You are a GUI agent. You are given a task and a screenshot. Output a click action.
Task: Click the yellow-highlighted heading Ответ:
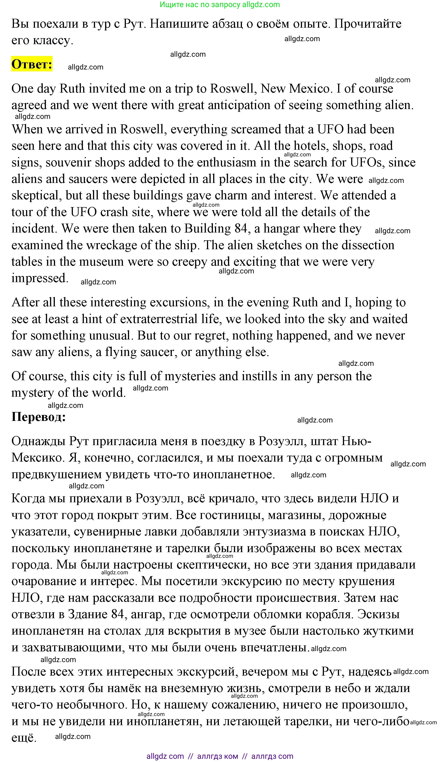(x=32, y=64)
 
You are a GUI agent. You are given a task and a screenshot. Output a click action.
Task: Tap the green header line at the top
(x=220, y=5)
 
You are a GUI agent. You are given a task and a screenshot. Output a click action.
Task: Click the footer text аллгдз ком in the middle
(x=217, y=756)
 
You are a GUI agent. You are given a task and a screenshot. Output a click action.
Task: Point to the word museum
(x=101, y=262)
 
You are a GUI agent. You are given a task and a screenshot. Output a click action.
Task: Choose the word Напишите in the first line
(x=179, y=24)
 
